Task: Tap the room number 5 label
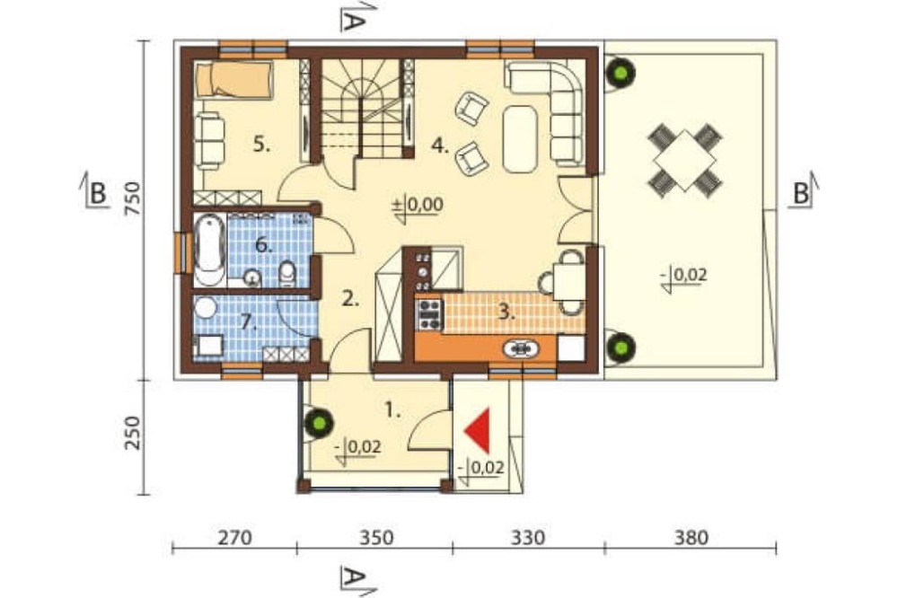(x=261, y=145)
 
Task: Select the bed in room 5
(x=233, y=80)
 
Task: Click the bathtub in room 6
(x=209, y=250)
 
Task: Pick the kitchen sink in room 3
(x=521, y=348)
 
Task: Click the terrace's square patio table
(x=684, y=161)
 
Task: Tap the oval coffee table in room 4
(x=520, y=138)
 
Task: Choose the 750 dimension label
(x=132, y=198)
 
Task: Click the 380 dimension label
(x=691, y=537)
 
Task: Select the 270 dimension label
(x=234, y=537)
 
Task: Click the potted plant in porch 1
(x=319, y=423)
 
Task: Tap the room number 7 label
(x=249, y=322)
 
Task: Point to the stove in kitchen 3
(x=429, y=314)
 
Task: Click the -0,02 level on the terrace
(x=685, y=277)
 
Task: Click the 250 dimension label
(x=132, y=433)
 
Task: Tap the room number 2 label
(x=350, y=298)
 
